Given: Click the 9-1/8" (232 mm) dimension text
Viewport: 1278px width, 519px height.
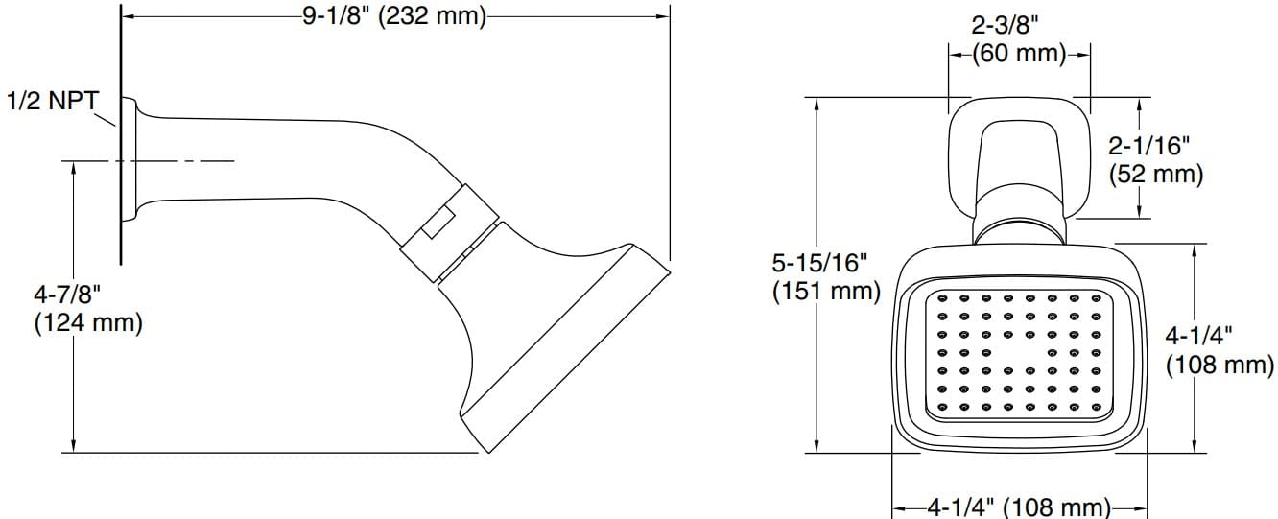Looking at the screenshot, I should (394, 17).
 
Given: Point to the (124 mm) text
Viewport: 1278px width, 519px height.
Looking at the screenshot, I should (87, 323).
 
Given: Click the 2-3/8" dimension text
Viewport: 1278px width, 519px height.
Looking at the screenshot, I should (1018, 27).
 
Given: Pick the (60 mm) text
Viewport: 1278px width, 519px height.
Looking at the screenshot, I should (1018, 55).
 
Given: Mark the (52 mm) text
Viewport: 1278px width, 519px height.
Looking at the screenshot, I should (1155, 175).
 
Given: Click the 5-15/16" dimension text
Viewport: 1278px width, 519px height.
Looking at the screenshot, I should (823, 262).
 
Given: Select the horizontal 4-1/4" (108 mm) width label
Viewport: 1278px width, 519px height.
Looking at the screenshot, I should (1019, 507).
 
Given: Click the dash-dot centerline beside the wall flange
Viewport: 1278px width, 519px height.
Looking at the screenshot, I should (192, 161).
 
